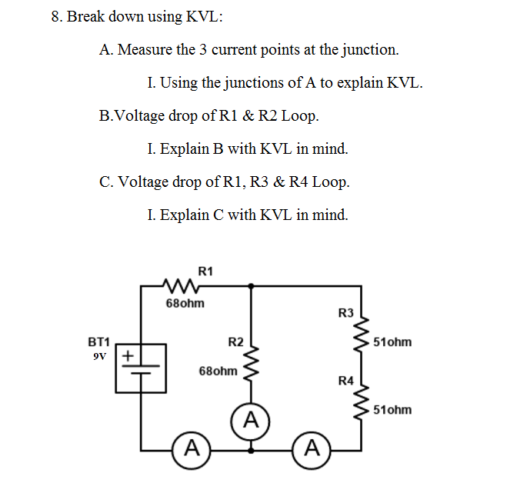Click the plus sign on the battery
pos(128,356)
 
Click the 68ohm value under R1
pos(185,304)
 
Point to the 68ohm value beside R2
pos(218,371)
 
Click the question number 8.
pos(55,16)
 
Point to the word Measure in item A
pos(146,50)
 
